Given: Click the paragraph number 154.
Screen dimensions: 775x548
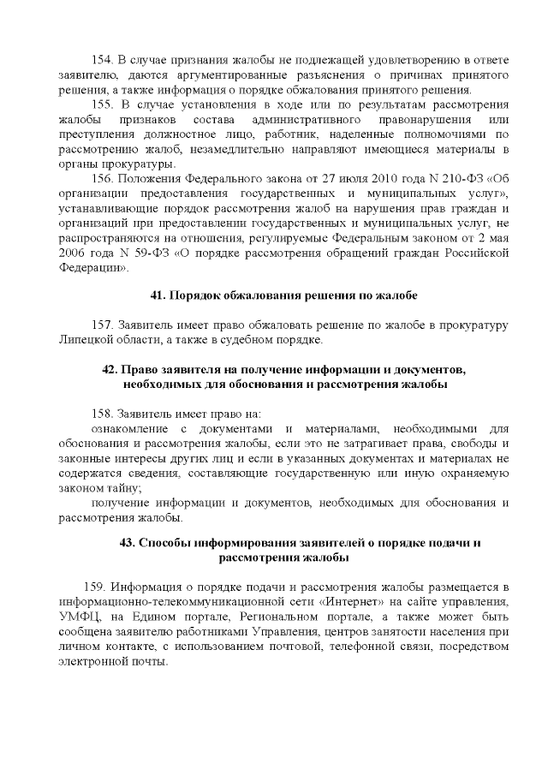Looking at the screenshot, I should click(x=102, y=61).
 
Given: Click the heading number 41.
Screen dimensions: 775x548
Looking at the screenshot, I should click(x=158, y=295).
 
